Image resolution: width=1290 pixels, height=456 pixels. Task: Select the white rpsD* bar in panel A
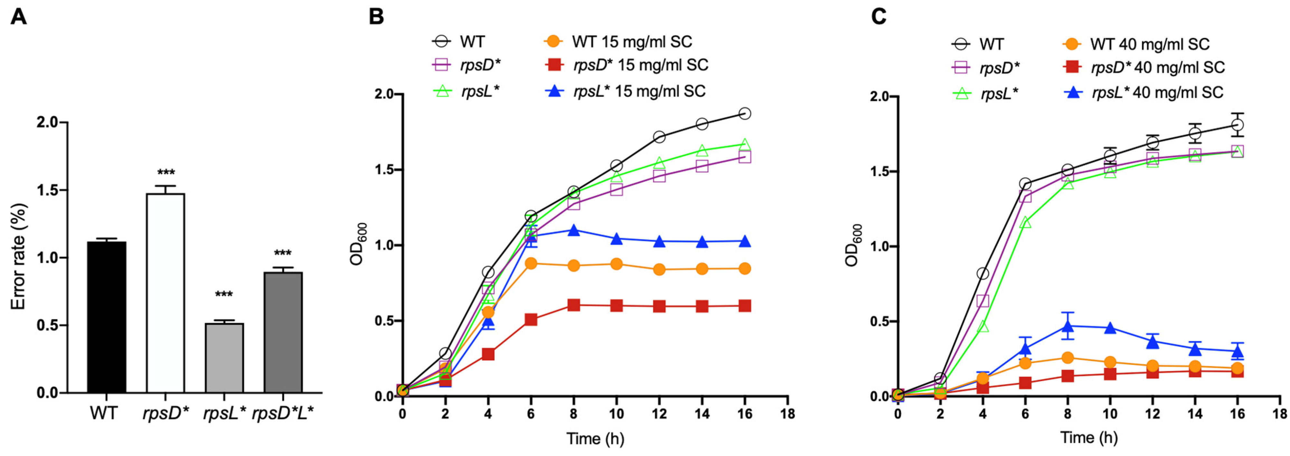165,293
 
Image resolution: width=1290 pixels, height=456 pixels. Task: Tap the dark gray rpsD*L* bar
283,332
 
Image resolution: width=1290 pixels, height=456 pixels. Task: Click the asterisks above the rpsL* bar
224,295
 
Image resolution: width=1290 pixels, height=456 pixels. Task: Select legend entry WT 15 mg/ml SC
631,42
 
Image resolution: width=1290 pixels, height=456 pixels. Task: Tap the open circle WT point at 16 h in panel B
745,114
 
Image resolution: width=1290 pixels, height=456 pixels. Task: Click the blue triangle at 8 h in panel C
1067,326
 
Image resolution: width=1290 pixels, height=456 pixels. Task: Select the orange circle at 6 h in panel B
531,263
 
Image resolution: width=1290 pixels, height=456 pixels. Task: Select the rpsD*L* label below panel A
283,414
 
